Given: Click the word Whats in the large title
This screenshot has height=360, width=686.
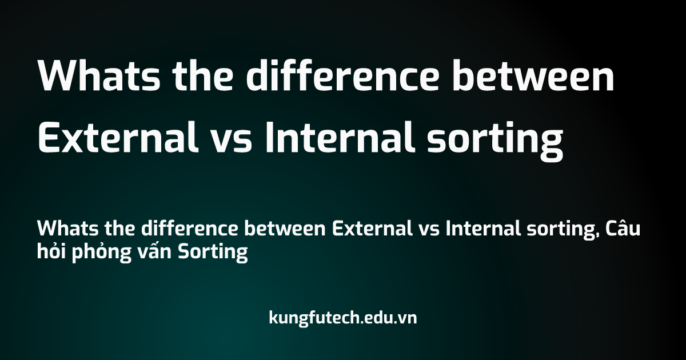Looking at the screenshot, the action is click(99, 75).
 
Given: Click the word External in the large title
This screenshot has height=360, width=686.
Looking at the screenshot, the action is click(118, 137).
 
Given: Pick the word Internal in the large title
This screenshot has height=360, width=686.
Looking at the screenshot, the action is click(340, 137).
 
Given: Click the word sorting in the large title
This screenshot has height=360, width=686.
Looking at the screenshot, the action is click(495, 140).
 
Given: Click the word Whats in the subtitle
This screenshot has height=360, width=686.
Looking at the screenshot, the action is click(68, 229).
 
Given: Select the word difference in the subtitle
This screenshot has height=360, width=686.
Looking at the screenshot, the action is click(190, 228).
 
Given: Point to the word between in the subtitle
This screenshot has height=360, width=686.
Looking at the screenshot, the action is click(285, 228).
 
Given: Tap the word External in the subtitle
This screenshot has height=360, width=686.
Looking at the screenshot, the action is click(372, 228).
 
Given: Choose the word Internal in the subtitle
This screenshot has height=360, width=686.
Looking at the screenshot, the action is click(483, 228).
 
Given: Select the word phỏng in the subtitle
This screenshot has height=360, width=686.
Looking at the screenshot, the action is click(102, 252).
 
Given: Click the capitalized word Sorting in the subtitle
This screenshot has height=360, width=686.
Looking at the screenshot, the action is click(213, 253).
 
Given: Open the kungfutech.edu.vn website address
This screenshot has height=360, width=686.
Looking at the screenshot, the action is click(342, 318).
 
